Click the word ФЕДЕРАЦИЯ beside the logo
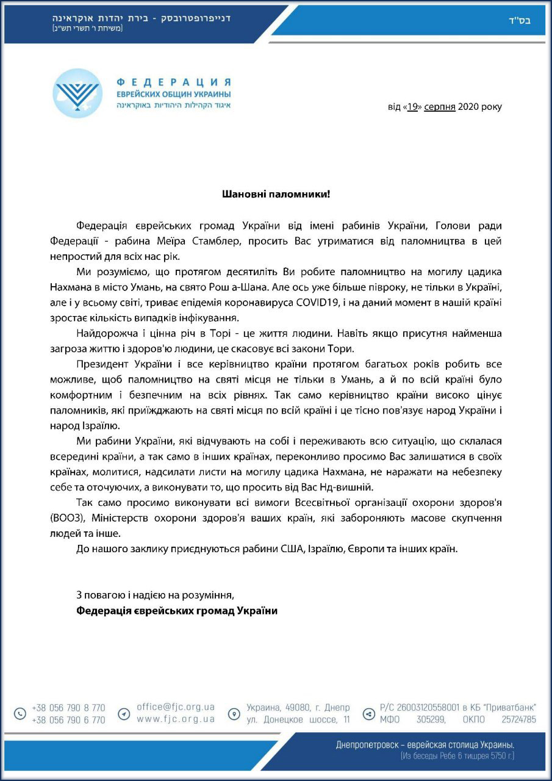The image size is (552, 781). pyautogui.click(x=173, y=82)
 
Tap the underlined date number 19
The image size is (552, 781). pyautogui.click(x=413, y=107)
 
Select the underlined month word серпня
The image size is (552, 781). pyautogui.click(x=439, y=107)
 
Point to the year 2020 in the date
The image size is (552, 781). pyautogui.click(x=468, y=107)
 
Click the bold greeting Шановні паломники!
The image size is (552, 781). pyautogui.click(x=276, y=195)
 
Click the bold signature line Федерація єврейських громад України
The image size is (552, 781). pyautogui.click(x=177, y=610)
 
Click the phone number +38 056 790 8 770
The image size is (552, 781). pyautogui.click(x=68, y=708)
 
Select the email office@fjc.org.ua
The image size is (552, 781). pyautogui.click(x=176, y=707)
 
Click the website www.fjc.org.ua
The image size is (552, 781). pyautogui.click(x=176, y=719)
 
